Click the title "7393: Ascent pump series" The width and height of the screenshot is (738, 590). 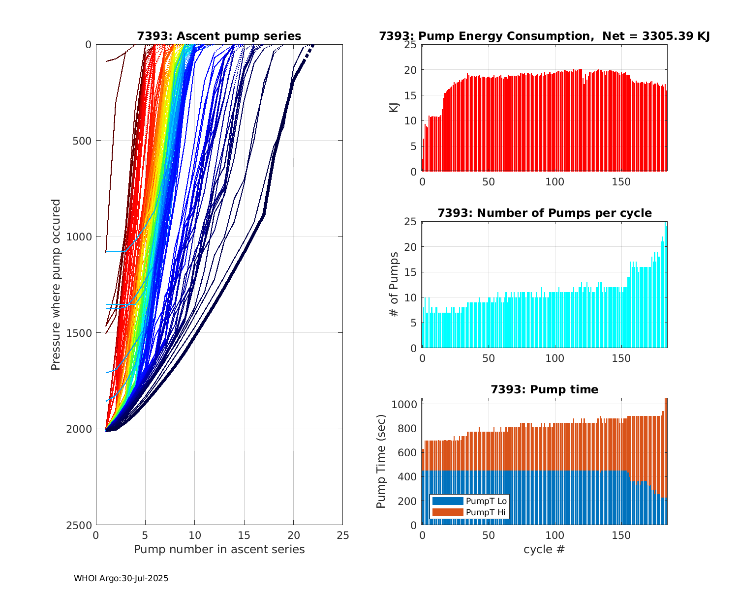point(219,36)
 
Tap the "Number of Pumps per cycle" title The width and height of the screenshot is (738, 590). point(544,213)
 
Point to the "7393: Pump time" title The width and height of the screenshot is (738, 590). point(544,389)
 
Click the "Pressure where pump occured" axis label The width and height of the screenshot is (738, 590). point(56,285)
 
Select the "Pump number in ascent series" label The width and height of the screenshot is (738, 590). point(219,549)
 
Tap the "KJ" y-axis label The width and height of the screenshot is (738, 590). point(394,108)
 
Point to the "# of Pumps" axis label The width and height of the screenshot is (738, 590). point(394,285)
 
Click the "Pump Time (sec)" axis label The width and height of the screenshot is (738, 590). point(381,462)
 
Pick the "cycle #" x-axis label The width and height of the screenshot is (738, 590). point(544,549)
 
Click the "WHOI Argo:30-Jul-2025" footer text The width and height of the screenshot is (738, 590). point(121,578)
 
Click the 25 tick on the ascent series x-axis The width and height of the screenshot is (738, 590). point(342,535)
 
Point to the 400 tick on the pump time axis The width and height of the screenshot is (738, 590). point(406,477)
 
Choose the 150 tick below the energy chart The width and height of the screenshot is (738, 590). point(621,181)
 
